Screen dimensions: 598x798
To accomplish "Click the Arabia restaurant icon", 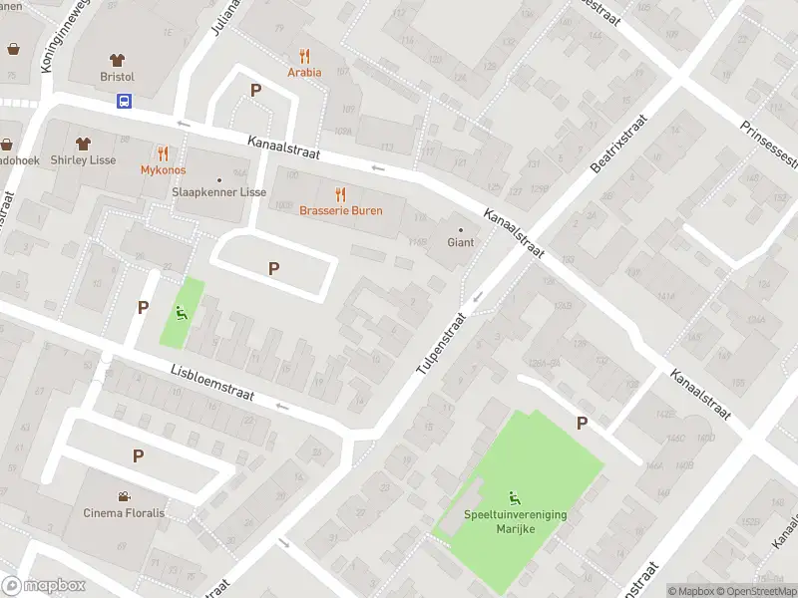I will pos(304,57).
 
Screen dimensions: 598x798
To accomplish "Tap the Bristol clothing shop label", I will pos(117,76).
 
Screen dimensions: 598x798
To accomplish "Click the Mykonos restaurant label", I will pos(163,169).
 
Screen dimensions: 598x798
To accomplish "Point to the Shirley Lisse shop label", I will pos(83,159).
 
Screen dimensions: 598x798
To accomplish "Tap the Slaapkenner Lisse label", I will pos(218,191).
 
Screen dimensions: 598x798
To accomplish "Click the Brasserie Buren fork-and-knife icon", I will pos(340,193).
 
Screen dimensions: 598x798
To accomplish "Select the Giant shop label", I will pos(460,242).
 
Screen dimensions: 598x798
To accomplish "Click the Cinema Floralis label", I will pos(124,512).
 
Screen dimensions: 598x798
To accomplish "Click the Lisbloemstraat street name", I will pos(211,383).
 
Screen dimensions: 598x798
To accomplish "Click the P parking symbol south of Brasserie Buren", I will pos(273,268).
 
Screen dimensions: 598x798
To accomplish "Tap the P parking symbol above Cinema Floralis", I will pos(139,455).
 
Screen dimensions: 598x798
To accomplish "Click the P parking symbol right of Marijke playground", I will pos(582,424).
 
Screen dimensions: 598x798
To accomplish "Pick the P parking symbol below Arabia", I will pos(255,90).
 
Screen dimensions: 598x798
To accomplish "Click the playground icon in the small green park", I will pos(181,313).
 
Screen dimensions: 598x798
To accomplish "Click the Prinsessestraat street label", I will pos(769,144).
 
